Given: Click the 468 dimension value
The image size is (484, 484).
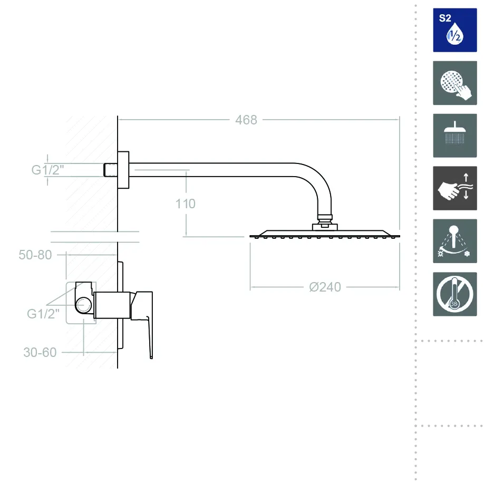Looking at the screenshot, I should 246,120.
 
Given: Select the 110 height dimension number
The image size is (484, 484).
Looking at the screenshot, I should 186,204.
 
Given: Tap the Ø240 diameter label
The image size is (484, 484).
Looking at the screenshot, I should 325,287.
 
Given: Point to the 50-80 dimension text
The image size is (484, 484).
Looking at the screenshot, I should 35,255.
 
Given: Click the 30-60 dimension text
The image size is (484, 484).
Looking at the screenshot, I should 40,353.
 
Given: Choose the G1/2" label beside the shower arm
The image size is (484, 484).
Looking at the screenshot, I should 47,170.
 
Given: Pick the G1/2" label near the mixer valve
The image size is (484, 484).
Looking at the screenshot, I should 43,314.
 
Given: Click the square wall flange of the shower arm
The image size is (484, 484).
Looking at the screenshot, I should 123,170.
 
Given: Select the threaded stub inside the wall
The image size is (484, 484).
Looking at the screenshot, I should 109,170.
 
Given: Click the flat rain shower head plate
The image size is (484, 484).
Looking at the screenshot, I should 324,234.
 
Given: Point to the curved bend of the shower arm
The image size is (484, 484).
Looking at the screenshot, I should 316,179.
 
